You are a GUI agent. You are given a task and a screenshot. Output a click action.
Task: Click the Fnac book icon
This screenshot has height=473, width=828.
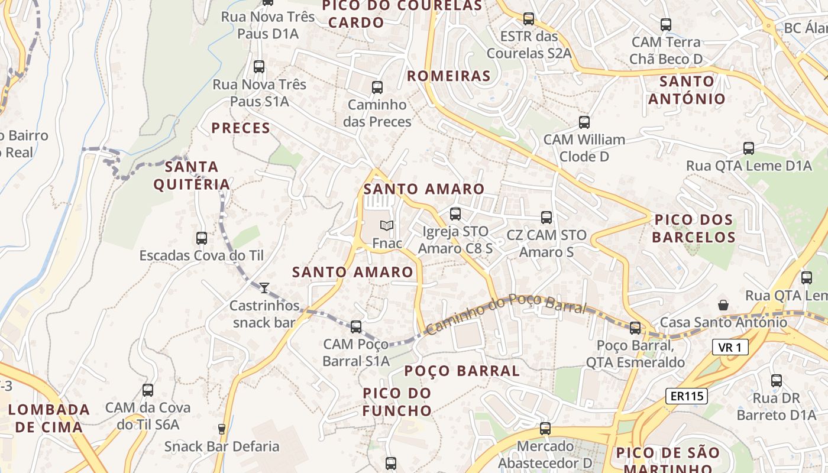387,226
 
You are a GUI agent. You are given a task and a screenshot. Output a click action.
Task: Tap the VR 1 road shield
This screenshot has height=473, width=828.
730,347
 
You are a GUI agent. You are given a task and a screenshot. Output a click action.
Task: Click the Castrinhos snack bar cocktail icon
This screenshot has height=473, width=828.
264,288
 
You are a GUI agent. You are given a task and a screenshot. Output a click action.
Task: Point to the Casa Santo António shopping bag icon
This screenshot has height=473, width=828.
723,305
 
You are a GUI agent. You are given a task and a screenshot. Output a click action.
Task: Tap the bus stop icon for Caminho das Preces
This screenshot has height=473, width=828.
377,88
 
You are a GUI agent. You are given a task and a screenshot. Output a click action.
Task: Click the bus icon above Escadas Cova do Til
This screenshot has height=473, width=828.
202,238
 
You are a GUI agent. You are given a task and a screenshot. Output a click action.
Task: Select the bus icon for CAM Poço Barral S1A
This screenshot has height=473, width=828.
356,326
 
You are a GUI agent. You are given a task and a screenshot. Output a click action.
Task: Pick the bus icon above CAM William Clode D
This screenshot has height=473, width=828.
584,122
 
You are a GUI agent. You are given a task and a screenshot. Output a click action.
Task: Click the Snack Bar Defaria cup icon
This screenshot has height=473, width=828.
222,429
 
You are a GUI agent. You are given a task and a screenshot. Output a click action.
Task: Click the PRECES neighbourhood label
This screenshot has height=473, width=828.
241,128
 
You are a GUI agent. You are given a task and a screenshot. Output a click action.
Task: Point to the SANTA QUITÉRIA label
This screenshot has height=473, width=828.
192,175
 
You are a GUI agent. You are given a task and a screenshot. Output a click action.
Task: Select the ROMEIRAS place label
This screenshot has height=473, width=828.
449,76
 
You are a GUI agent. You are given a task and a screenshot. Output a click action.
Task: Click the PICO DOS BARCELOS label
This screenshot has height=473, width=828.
694,228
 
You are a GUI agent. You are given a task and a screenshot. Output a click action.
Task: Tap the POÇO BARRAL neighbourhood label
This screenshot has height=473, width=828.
462,371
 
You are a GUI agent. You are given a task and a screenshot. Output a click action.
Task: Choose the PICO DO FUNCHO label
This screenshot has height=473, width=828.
397,401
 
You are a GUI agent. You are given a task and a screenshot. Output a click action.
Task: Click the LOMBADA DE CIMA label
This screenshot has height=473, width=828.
49,418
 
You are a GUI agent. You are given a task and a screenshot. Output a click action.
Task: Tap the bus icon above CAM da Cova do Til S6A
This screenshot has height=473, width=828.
148,390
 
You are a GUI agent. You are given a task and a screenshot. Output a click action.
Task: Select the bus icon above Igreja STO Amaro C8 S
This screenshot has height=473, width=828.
455,214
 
